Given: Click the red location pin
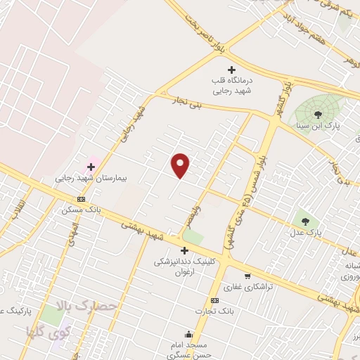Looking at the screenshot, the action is [181, 165].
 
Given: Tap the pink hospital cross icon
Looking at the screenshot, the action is [91, 167].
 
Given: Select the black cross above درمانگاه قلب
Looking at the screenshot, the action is [231, 70].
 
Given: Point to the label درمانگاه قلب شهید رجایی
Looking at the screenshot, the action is [231, 85].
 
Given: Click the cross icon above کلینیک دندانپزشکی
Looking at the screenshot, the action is [185, 250].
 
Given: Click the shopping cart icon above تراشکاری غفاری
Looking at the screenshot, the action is [247, 276].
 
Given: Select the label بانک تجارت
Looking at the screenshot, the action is [216, 309].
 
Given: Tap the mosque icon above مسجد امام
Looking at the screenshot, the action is [188, 334].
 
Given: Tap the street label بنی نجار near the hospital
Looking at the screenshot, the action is [188, 104].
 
